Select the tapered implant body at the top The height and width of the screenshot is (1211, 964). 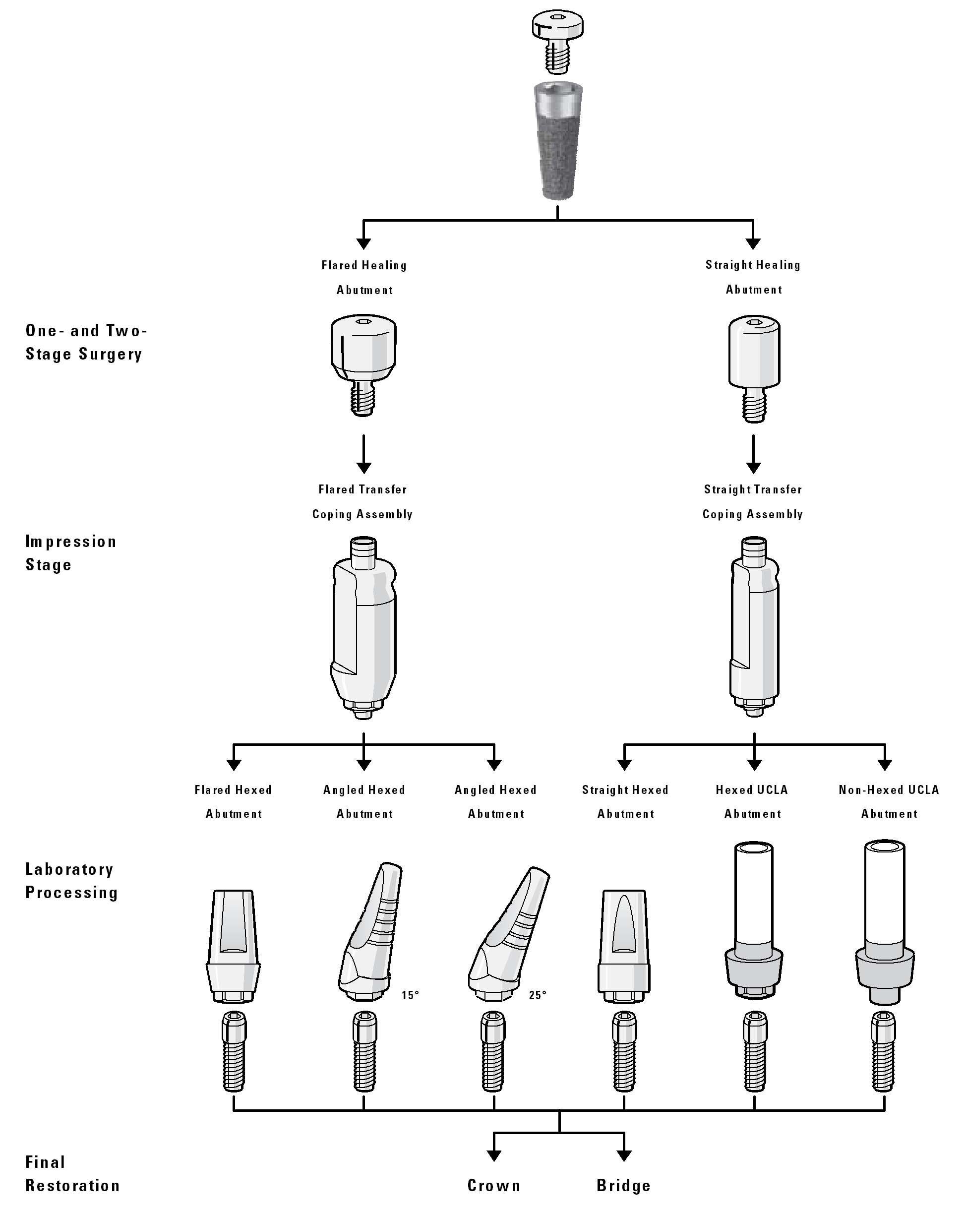[557, 140]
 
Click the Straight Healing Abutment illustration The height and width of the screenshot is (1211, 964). [754, 365]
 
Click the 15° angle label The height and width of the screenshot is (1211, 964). [410, 995]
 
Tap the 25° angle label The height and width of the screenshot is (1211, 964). [538, 995]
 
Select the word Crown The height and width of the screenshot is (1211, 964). [494, 1185]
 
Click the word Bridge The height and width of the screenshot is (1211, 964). [623, 1185]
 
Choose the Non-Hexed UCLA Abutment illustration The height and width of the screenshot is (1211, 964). [884, 921]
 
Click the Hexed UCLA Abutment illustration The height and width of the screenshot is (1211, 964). [754, 921]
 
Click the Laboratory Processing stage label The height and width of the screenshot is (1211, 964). [71, 881]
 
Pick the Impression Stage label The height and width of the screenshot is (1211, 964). [71, 553]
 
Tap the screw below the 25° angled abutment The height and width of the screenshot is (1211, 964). [493, 1050]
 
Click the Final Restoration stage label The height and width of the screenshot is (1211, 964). [72, 1173]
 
